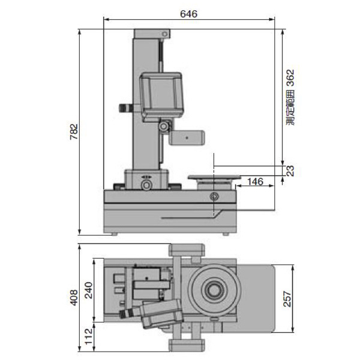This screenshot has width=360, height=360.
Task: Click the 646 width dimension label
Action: [188, 14]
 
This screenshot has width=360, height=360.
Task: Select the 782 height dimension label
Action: [74, 132]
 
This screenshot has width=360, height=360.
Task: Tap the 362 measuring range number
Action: [290, 78]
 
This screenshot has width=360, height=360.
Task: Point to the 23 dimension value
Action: [290, 171]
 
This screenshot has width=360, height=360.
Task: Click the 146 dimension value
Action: [256, 182]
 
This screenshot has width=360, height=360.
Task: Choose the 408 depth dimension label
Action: [74, 298]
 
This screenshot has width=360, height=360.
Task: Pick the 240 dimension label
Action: [88, 290]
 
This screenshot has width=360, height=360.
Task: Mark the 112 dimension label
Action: [88, 337]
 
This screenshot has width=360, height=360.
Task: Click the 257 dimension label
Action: [287, 299]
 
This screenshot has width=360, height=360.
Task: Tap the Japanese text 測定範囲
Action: [290, 107]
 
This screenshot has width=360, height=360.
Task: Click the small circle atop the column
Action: [164, 34]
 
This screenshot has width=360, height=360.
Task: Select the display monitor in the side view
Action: [161, 95]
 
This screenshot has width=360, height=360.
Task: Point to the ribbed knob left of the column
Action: [125, 108]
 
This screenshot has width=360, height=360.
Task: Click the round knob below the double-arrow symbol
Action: [146, 184]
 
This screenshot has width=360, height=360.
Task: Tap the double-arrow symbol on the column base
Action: [146, 177]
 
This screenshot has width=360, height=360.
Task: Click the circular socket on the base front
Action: [214, 196]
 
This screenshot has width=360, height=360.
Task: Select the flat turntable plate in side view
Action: [214, 177]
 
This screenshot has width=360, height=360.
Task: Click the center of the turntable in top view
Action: [214, 290]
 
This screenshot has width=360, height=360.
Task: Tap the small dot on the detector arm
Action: [187, 138]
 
